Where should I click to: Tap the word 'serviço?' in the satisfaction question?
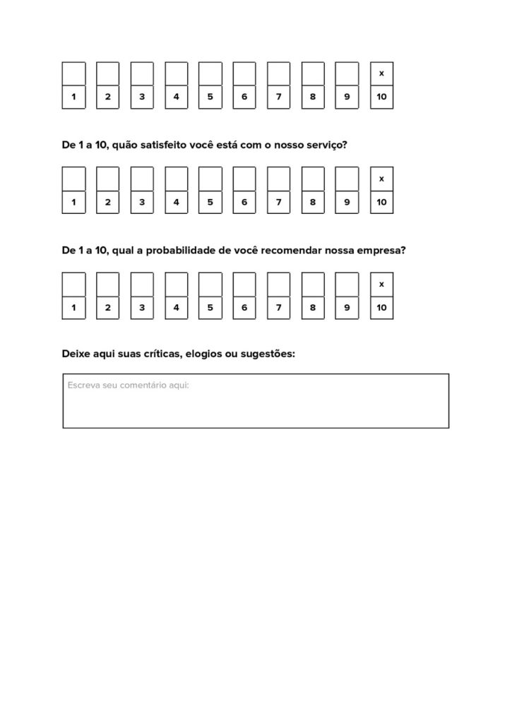click(325, 145)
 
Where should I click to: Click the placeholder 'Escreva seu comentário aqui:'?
click(129, 386)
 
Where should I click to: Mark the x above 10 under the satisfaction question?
click(381, 179)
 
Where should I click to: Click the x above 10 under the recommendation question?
click(381, 285)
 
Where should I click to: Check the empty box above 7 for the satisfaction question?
click(278, 179)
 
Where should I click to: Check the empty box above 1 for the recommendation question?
click(73, 285)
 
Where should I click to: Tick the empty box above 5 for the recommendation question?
click(210, 285)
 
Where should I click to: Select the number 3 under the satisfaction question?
click(142, 202)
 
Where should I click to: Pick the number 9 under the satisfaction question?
click(347, 202)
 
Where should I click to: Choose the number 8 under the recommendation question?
click(313, 308)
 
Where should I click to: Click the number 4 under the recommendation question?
click(176, 308)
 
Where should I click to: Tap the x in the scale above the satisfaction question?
click(381, 73)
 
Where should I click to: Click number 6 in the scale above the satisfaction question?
click(244, 97)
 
